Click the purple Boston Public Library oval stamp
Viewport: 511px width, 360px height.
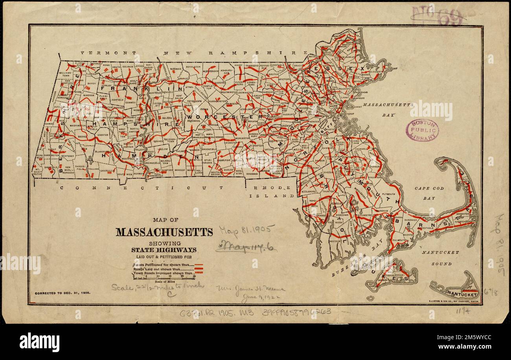pyautogui.click(x=422, y=130)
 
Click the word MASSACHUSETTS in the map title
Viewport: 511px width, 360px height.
pyautogui.click(x=164, y=232)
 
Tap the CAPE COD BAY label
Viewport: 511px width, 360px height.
pyautogui.click(x=429, y=193)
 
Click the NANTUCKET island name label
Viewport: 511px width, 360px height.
pyautogui.click(x=463, y=294)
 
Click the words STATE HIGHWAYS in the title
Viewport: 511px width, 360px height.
pyautogui.click(x=164, y=250)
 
